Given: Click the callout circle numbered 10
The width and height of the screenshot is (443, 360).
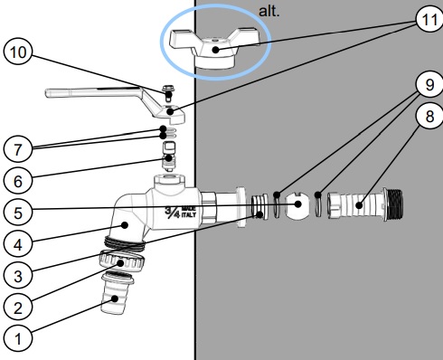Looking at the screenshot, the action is pos(18,52).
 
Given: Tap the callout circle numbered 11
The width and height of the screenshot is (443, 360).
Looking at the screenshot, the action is pos(429,19).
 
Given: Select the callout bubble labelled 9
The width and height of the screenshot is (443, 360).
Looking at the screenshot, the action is pos(429,84).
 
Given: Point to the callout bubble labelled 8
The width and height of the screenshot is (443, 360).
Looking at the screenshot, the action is pos(429,116).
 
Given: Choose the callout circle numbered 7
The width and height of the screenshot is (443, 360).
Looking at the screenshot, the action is pos(18,149).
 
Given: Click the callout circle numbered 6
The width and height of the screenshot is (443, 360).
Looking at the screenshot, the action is pos(18,181).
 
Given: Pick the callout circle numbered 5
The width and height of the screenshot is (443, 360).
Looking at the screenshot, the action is pos(18,213).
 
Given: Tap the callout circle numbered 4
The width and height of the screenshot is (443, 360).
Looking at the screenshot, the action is pos(18,244).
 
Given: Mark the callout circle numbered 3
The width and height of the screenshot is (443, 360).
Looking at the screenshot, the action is pos(18,276).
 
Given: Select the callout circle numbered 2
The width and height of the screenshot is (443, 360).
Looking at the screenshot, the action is pos(18,308).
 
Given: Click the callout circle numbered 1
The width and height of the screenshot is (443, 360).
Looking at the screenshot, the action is pos(18,338).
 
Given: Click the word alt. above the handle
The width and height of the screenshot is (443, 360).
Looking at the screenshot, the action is pos(269,12).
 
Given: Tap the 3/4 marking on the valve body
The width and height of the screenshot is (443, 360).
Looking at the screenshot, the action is pos(173,213).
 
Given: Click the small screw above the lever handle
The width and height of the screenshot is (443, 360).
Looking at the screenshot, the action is pos(168,93).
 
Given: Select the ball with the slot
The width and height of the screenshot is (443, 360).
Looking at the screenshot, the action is pos(297,206).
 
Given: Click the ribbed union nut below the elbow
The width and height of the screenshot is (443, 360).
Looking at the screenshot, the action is pos(122,261).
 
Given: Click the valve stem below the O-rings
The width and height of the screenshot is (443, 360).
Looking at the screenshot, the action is pos(169,156).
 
